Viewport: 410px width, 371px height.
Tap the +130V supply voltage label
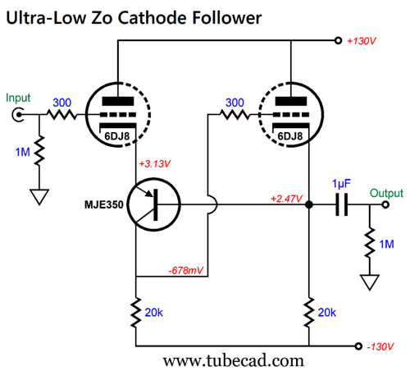(x=362, y=41)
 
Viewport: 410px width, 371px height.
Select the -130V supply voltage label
(x=380, y=346)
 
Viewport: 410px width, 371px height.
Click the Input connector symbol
(x=17, y=115)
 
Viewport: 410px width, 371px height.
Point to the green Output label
(x=386, y=193)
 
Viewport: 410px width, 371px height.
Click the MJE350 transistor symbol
(x=154, y=204)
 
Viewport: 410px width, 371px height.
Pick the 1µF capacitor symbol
(x=342, y=204)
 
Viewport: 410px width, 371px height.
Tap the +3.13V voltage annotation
(x=155, y=164)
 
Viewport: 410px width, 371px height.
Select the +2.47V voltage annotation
(x=286, y=199)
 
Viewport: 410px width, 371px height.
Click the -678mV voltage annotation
(x=186, y=271)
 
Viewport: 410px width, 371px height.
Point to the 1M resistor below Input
(x=39, y=150)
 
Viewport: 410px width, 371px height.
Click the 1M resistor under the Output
(x=370, y=242)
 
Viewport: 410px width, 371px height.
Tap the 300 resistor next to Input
(x=62, y=114)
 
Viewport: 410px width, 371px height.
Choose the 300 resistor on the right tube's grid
(x=235, y=114)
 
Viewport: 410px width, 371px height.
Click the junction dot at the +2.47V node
(x=309, y=204)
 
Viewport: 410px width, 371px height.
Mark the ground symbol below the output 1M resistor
(x=370, y=282)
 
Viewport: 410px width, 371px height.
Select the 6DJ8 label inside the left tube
(x=117, y=136)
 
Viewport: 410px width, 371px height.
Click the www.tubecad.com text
(x=234, y=361)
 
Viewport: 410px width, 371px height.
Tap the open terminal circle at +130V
(x=338, y=41)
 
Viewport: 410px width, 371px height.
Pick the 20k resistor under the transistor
(x=136, y=313)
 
